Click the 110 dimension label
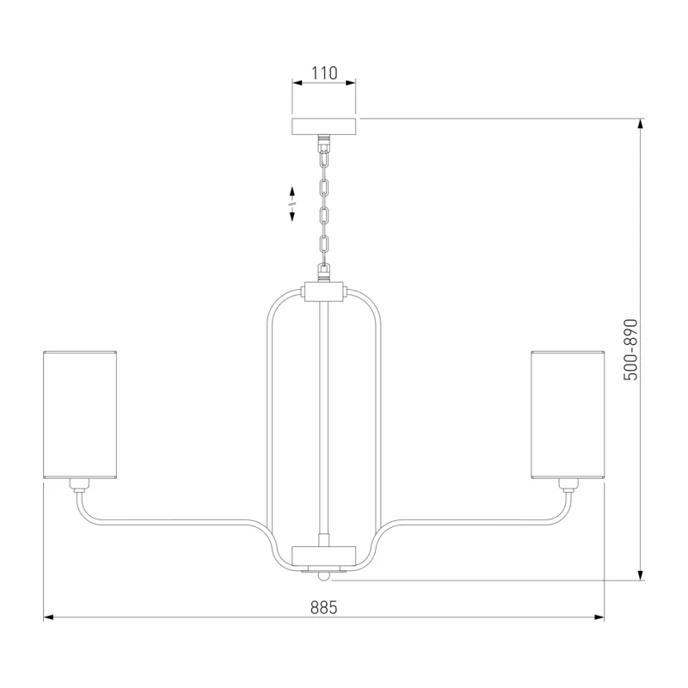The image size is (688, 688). tap(324, 73)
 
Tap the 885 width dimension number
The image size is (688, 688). tap(324, 608)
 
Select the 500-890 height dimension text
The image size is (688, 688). tap(630, 350)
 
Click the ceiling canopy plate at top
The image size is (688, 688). tap(324, 126)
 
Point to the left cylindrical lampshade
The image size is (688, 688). tap(80, 415)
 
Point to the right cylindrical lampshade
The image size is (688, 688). tap(568, 415)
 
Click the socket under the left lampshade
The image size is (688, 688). tap(79, 485)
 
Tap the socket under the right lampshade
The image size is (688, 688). tap(568, 485)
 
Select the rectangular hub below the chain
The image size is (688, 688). tap(324, 292)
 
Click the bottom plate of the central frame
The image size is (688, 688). tap(324, 556)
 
